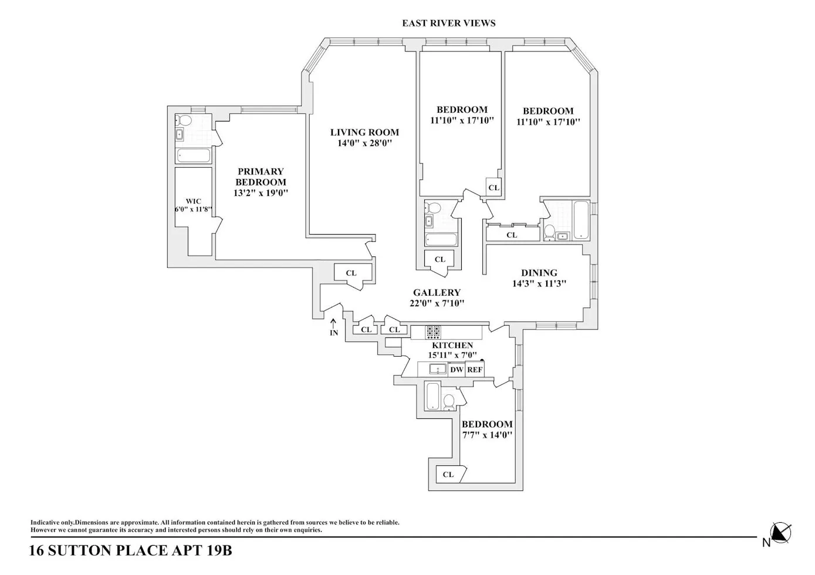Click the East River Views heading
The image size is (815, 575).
448,23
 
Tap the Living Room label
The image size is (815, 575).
364,133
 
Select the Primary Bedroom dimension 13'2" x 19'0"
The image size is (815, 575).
261,193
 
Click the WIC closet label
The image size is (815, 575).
193,201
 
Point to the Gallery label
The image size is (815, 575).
437,293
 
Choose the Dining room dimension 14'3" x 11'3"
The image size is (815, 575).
539,284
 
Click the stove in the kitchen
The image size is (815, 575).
433,333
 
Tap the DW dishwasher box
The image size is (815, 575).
456,370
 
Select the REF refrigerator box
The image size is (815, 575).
475,370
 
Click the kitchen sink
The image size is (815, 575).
437,370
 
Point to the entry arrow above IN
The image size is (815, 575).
333,322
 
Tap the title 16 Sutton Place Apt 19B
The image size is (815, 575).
130,552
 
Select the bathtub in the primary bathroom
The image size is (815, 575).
193,155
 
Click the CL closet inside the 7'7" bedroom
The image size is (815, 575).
449,475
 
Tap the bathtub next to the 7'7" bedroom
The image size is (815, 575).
431,397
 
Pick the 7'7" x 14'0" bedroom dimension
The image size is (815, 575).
487,435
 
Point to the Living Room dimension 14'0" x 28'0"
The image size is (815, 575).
364,143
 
